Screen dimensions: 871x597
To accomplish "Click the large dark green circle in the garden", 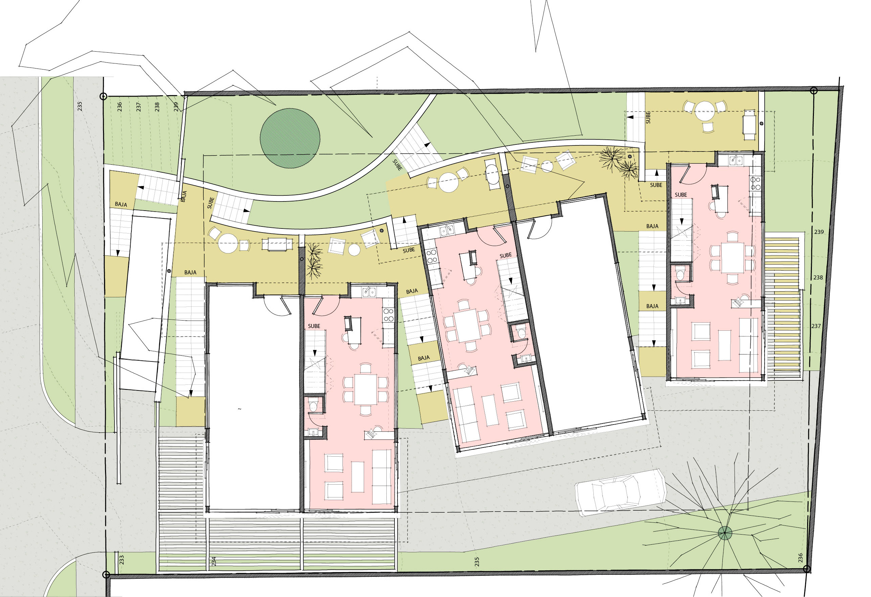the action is coord(290,138).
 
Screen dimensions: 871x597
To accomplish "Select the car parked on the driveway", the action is coord(621,492).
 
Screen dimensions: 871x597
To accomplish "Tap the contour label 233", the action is coord(122,560).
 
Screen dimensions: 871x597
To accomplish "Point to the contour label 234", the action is coord(214,561).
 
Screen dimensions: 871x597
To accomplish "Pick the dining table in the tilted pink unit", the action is coord(467,325).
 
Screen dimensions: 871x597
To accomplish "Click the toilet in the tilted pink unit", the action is coord(521,332).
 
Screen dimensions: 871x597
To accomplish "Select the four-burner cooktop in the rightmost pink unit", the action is coord(755,183).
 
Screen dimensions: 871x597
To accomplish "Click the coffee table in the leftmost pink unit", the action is coord(358,477).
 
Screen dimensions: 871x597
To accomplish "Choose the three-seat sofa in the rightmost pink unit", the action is coord(748,345).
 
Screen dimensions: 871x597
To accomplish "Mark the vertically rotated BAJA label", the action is coord(184,197).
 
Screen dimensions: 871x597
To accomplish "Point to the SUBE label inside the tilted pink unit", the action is coord(506,255).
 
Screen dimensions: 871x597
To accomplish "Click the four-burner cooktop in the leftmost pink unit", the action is coord(388,315).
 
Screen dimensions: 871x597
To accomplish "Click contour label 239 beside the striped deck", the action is coord(819,232).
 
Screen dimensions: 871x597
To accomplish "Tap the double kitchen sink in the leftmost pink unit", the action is coord(369,292).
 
